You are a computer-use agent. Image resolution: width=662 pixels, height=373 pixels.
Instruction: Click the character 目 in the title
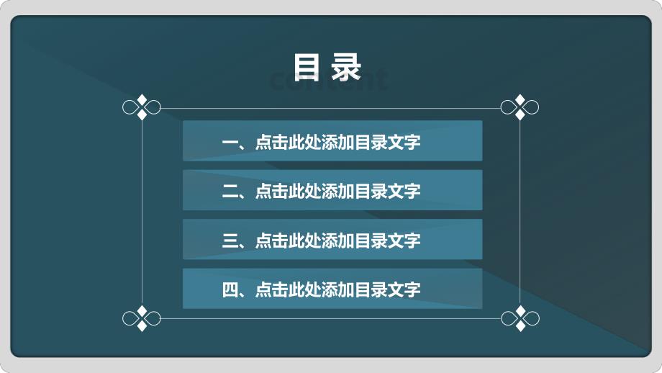click(307, 67)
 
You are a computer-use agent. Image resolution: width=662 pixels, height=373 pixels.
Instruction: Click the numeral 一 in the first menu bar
click(230, 143)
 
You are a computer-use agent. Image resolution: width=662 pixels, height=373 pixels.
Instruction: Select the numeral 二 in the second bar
click(230, 192)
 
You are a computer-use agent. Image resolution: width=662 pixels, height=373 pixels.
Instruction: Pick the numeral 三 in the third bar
click(230, 241)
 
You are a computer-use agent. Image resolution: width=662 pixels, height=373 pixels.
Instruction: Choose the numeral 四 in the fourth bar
click(230, 289)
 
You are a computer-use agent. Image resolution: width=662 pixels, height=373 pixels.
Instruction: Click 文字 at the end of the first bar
click(404, 143)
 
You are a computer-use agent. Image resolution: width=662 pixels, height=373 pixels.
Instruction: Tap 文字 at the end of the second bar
click(404, 192)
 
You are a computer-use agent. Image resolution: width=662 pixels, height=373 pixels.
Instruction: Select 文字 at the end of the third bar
click(404, 241)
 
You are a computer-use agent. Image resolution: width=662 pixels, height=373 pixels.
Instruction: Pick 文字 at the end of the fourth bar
click(404, 289)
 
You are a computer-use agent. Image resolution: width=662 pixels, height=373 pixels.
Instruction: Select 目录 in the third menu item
click(371, 241)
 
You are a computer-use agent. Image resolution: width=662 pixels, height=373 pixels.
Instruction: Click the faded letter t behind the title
click(381, 79)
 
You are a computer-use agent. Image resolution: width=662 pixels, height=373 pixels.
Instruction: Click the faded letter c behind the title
click(276, 81)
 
